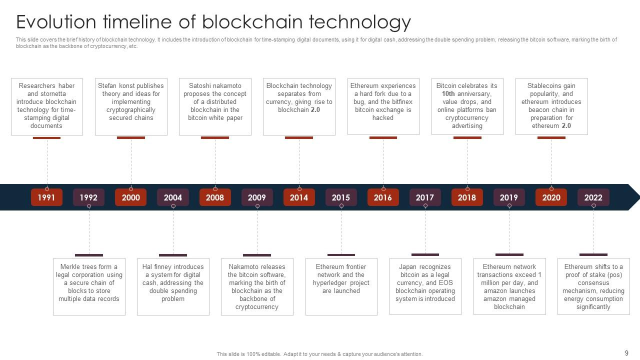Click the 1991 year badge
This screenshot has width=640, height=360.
(x=46, y=197)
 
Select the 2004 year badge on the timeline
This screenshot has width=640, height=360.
(x=173, y=197)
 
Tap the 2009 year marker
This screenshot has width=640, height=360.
(x=257, y=197)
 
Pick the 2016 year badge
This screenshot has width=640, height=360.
(x=383, y=197)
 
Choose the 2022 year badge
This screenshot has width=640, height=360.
(x=593, y=197)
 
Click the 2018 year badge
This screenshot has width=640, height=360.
(x=467, y=197)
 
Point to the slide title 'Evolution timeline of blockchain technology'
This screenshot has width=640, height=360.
(x=213, y=22)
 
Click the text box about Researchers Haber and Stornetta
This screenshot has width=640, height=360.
(x=47, y=106)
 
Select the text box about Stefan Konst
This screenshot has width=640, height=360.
(x=131, y=106)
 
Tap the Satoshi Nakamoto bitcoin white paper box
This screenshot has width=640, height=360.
(x=215, y=106)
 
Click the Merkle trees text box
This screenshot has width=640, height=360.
(x=89, y=286)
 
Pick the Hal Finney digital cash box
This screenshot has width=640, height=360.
(x=173, y=286)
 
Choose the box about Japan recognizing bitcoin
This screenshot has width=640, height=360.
(x=425, y=286)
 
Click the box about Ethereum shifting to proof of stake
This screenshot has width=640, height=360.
(x=593, y=286)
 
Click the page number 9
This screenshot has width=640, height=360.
(x=626, y=353)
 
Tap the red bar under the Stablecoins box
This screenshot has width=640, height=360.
(x=551, y=137)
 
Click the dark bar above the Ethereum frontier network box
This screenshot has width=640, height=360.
(x=341, y=255)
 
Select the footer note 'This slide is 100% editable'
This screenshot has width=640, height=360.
(x=319, y=354)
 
